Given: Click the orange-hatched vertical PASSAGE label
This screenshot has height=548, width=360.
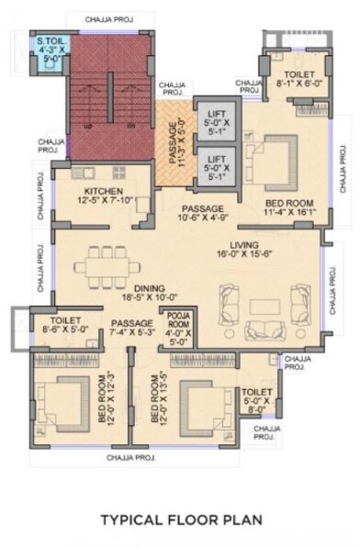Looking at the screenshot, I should click(x=174, y=141).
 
